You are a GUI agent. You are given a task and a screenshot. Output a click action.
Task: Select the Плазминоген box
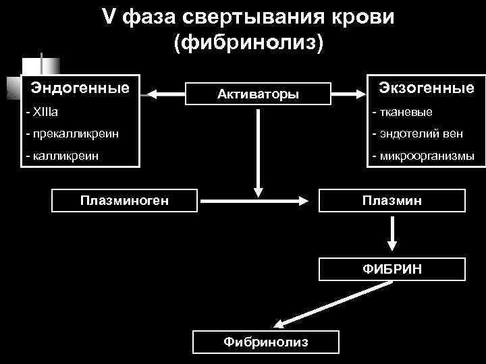coord(125,200)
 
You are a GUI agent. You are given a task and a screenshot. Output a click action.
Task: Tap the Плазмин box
coord(391,200)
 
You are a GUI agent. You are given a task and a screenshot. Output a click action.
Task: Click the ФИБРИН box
coord(391,269)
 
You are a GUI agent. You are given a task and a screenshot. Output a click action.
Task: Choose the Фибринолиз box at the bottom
coord(266,342)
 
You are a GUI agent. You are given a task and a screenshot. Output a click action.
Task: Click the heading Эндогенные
coord(80,88)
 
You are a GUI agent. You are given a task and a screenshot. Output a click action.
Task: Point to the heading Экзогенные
coord(426,88)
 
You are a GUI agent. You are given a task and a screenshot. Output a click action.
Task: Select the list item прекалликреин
coord(72,133)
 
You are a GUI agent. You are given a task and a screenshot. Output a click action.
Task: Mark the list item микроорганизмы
coord(423,156)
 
